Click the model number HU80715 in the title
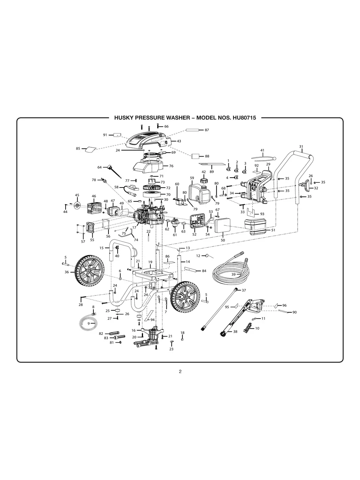243,118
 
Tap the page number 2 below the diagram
180,372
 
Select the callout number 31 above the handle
301,147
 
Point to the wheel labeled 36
90,270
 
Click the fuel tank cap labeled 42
204,181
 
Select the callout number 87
207,130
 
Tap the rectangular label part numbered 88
195,156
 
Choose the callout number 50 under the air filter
223,240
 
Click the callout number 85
78,149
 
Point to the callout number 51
273,230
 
